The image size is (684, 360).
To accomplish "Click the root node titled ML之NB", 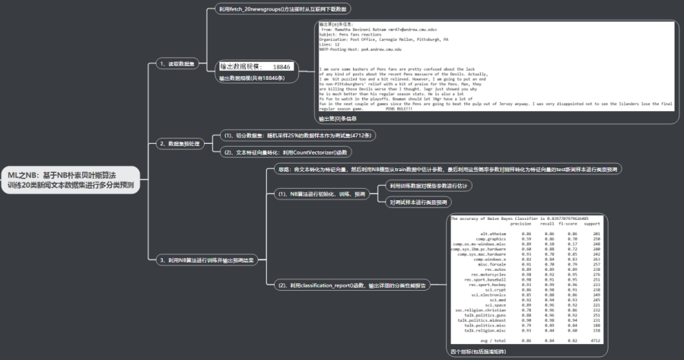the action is [71, 180].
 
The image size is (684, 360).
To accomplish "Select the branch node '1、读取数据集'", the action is [177, 63].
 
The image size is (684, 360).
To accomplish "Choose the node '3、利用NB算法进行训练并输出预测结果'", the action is [205, 260].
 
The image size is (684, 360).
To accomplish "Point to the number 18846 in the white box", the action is [282, 67].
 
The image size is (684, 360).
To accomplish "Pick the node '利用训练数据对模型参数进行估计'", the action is [430, 185].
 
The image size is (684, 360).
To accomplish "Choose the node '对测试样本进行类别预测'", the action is [418, 202].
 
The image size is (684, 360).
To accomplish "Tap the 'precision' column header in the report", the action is [520, 224].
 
